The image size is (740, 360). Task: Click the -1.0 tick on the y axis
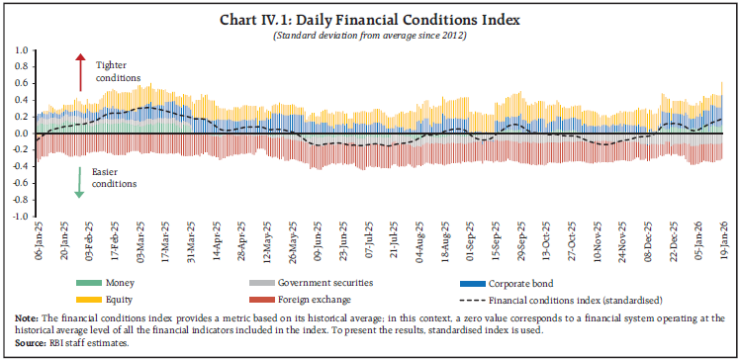(x=17, y=215)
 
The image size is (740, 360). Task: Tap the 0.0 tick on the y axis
(x=19, y=133)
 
